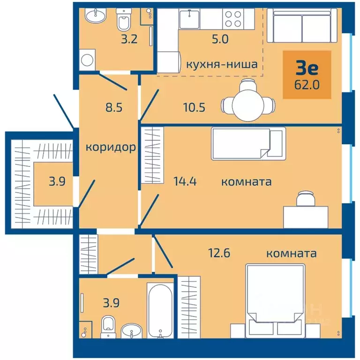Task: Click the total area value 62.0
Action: (307, 85)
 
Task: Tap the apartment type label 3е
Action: (307, 67)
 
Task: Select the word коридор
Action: (111, 147)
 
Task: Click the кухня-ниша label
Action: (222, 64)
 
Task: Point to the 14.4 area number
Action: (185, 181)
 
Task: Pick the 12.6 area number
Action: (219, 253)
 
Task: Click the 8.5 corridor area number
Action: (114, 107)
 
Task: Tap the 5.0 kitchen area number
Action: (220, 39)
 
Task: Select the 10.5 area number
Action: (194, 107)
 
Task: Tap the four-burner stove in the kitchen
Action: (233, 19)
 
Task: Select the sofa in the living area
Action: (302, 25)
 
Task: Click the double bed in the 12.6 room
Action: (275, 301)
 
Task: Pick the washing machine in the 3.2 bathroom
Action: (87, 60)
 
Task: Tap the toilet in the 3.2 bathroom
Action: (124, 19)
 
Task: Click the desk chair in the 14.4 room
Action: (306, 198)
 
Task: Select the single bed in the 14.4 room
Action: (248, 143)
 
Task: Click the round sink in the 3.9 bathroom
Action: (132, 331)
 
